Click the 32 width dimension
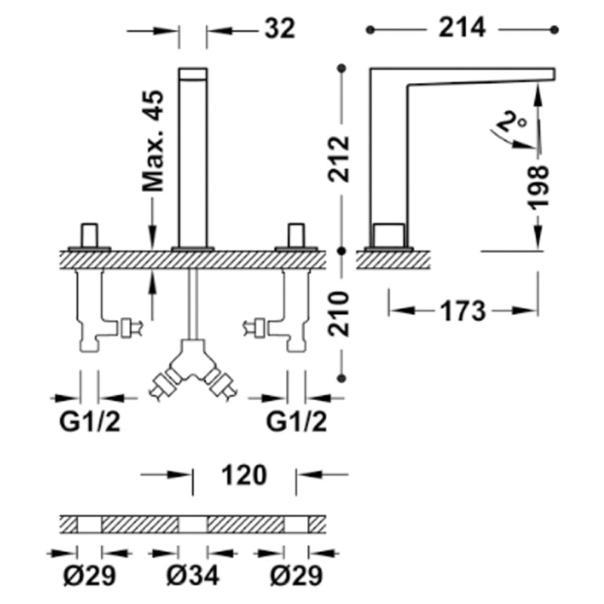279,28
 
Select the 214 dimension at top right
462,28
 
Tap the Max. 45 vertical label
153,140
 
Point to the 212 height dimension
338,159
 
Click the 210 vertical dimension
338,314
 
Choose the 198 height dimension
538,187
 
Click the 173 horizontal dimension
463,311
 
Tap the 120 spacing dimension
244,475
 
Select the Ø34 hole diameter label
193,576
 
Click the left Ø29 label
89,576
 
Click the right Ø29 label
296,576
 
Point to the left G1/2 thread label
90,422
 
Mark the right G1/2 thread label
296,422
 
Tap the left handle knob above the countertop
89,235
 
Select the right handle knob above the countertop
296,235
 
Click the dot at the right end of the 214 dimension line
555,29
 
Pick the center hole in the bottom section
193,525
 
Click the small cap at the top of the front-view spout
193,74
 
